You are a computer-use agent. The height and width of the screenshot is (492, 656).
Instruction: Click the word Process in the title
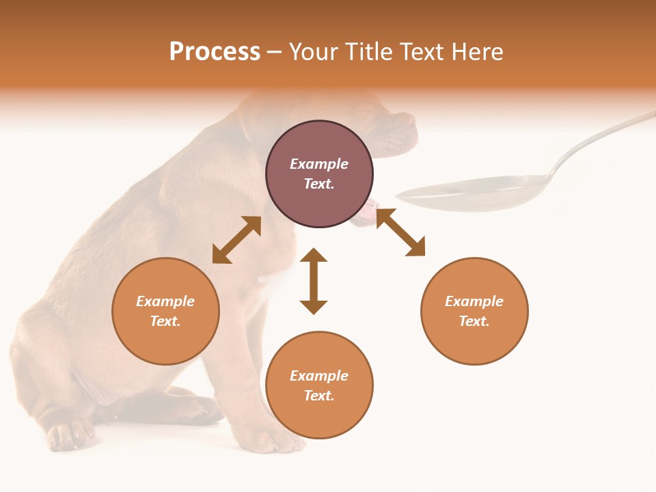pyautogui.click(x=215, y=52)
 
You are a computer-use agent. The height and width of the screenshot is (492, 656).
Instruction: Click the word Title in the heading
pyautogui.click(x=368, y=52)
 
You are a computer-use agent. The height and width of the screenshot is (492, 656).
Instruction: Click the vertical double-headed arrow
pyautogui.click(x=314, y=281)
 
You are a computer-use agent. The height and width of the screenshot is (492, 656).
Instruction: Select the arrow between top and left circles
pyautogui.click(x=236, y=240)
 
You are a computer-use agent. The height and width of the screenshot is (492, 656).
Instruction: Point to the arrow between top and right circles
pyautogui.click(x=400, y=232)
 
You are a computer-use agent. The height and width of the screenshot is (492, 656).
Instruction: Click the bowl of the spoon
pyautogui.click(x=471, y=191)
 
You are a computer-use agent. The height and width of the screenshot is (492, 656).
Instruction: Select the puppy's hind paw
pyautogui.click(x=68, y=434)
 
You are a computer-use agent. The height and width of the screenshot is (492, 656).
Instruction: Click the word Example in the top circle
pyautogui.click(x=319, y=164)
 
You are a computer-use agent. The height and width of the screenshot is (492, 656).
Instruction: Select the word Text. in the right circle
pyautogui.click(x=474, y=321)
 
